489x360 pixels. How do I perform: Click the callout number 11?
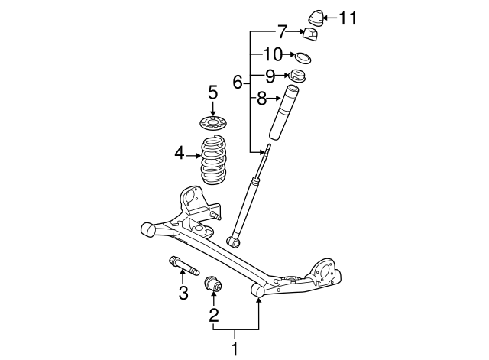347,18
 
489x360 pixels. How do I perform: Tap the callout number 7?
281,32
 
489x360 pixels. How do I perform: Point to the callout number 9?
270,76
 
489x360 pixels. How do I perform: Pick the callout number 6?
237,81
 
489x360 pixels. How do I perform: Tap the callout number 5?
213,92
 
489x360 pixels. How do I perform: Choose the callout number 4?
180,154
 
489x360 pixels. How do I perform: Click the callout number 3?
183,292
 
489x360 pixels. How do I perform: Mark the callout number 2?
214,313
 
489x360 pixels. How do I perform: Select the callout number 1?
235,349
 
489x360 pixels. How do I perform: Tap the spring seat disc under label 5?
213,123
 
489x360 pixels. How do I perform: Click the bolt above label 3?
183,268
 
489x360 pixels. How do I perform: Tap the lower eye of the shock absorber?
235,242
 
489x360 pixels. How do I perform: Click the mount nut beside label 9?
296,76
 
